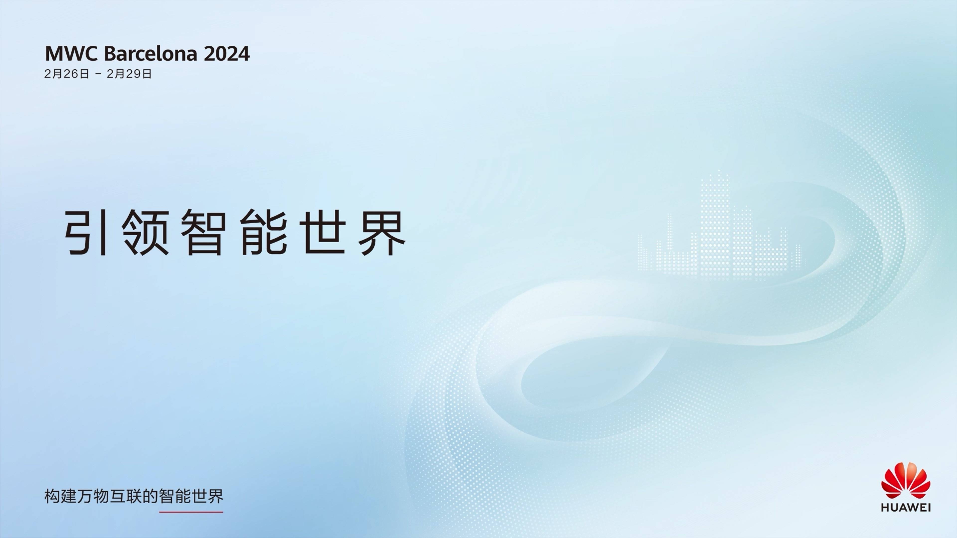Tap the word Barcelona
point(151,54)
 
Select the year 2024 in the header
point(227,54)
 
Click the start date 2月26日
point(67,74)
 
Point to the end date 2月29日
point(129,74)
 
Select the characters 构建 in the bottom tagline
point(60,496)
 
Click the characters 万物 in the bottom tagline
point(93,496)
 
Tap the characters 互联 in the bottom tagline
point(126,496)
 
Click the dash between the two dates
point(98,74)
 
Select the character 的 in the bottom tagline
point(150,496)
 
